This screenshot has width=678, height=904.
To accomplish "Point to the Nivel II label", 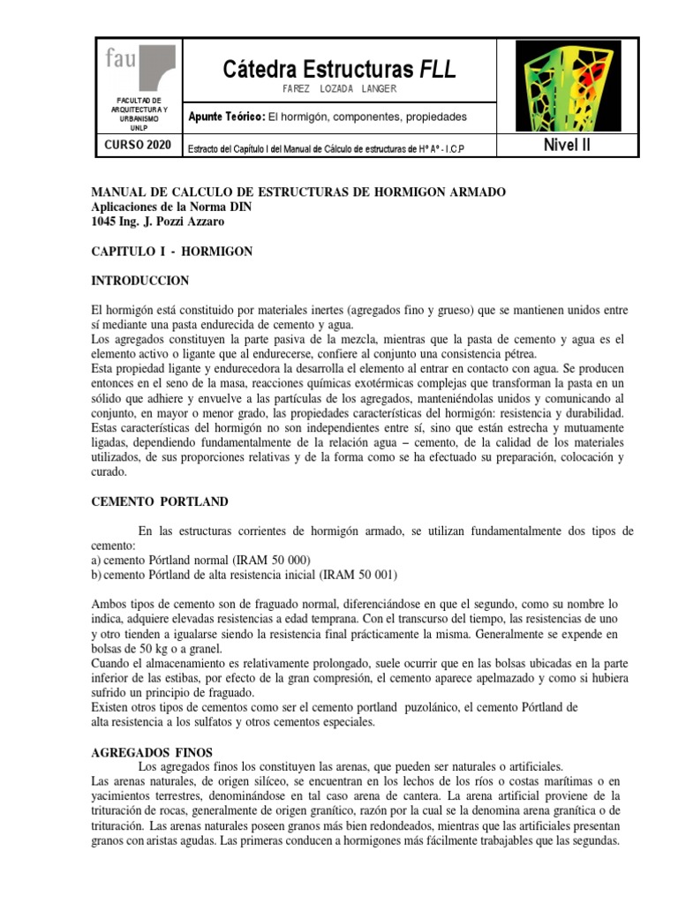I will click(566, 146).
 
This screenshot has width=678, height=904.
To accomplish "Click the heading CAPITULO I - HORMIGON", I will click(172, 252).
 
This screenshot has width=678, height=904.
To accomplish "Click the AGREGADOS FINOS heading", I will click(152, 752).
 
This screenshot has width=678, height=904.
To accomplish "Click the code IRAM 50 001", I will click(358, 575).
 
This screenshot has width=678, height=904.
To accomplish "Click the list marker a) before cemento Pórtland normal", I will click(97, 561).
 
